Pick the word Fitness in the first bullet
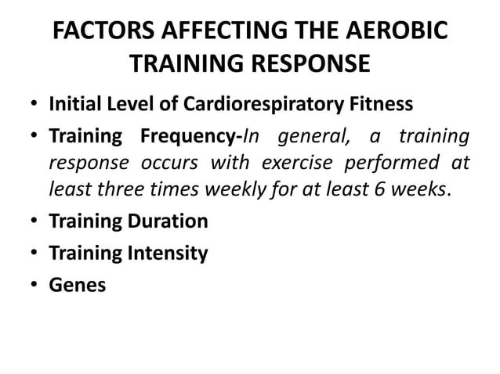point(383,103)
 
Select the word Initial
point(77,103)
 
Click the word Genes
point(78,286)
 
